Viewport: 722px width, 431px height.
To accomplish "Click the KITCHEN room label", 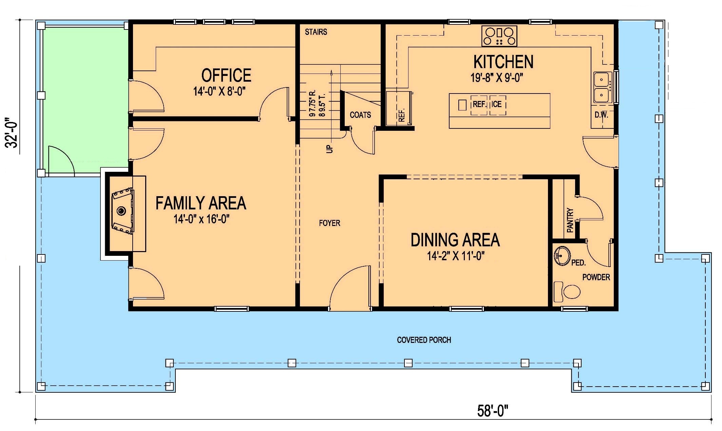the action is click(503, 62).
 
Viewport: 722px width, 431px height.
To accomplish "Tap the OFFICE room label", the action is click(226, 75).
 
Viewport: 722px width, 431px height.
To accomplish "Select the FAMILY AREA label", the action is click(201, 203).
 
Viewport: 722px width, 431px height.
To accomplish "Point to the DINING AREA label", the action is click(455, 240).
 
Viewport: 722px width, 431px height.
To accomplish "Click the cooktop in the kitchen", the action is click(499, 36).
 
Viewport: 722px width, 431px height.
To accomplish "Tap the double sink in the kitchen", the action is click(603, 87).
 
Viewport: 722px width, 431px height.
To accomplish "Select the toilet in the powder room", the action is click(567, 291).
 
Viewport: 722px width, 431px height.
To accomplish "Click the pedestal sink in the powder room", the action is click(562, 256).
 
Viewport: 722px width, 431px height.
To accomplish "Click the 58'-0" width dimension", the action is click(493, 411).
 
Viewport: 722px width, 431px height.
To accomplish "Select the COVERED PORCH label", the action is click(424, 340).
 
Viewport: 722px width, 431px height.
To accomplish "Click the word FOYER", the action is click(329, 223).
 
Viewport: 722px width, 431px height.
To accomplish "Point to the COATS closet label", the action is click(360, 115).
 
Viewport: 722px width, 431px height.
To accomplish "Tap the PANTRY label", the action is click(570, 220).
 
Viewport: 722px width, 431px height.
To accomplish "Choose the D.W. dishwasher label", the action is click(601, 115).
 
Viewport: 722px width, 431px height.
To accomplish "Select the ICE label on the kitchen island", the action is click(496, 104).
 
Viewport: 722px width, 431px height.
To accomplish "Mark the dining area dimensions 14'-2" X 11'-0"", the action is click(455, 256).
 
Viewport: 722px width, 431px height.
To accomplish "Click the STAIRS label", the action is click(316, 32).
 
